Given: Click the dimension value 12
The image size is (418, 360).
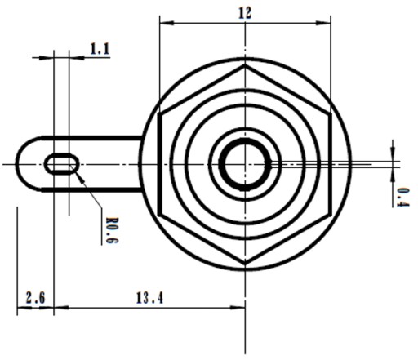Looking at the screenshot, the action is coord(245,13).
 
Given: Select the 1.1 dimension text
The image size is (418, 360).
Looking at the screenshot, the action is coord(100,49).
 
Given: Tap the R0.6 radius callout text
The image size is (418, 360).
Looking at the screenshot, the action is coord(112,230).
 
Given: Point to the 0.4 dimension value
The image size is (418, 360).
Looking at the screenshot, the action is coord(402,198).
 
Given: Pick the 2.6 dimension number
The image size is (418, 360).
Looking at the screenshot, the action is coord(35,297).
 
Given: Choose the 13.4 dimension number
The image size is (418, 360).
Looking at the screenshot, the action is coord(149,298).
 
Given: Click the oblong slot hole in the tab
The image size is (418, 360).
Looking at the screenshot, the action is coord(62,164).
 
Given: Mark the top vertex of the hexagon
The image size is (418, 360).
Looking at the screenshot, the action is coord(245,65).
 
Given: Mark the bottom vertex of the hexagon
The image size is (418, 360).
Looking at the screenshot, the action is coord(245,264).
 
